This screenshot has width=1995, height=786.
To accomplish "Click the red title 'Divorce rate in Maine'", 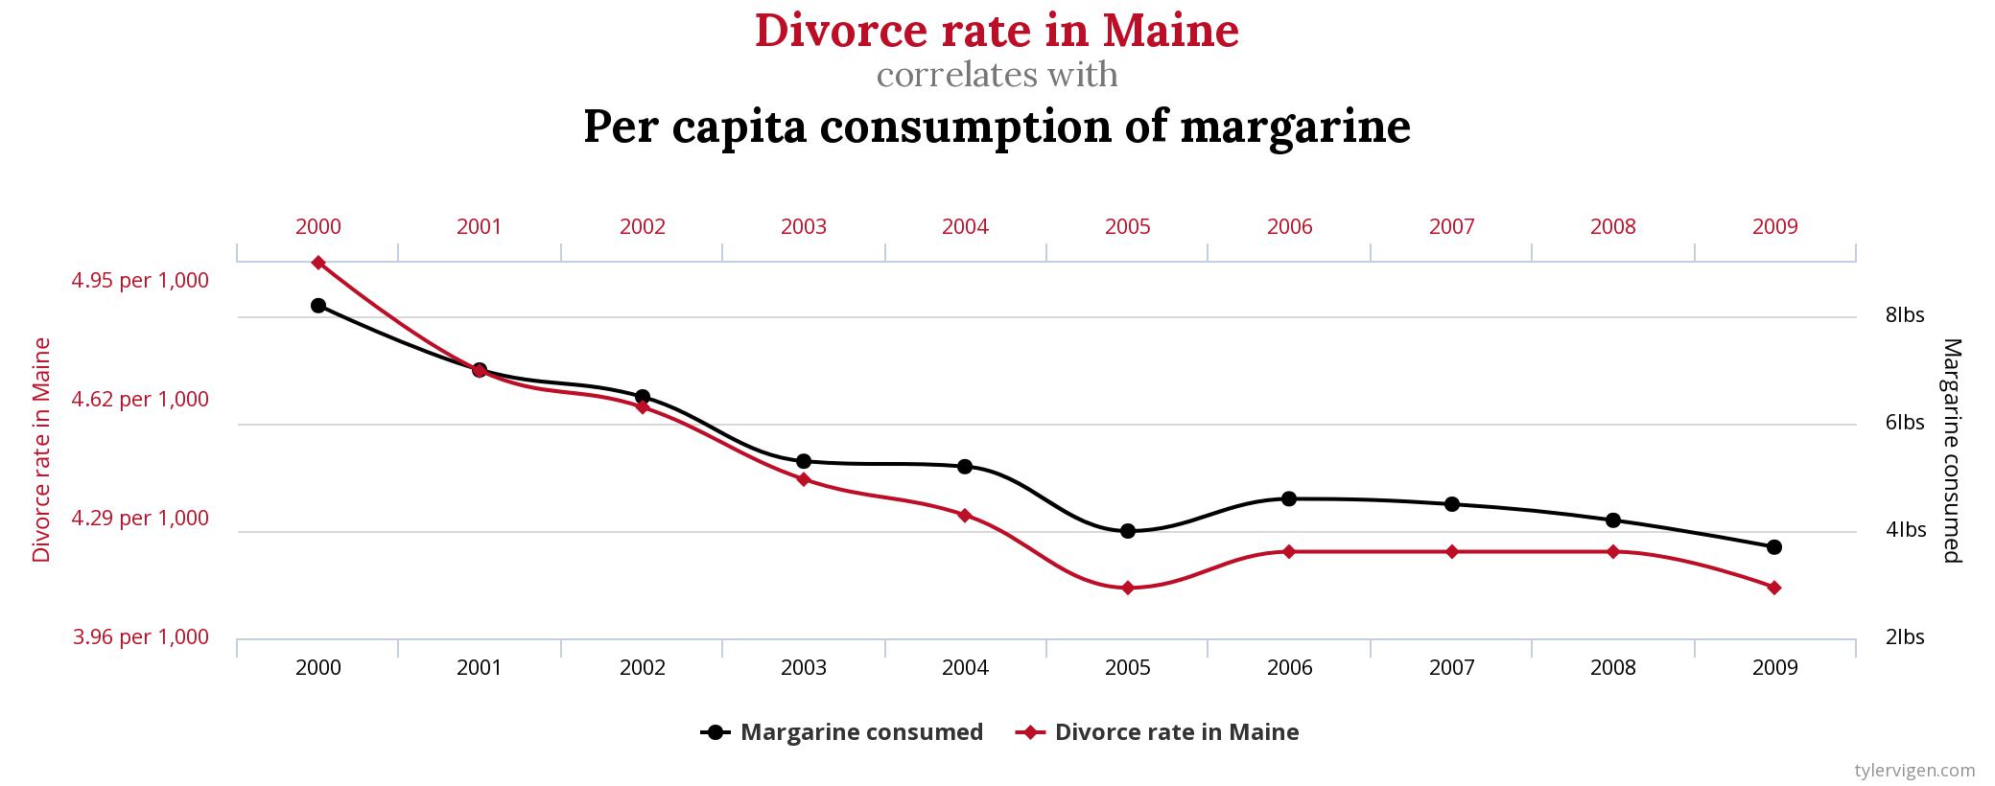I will pyautogui.click(x=997, y=31).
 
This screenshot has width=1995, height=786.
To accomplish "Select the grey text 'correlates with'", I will pyautogui.click(x=997, y=75).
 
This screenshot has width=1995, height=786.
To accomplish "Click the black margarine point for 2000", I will pyautogui.click(x=318, y=306).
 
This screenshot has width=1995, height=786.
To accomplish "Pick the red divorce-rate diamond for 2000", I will pyautogui.click(x=318, y=263).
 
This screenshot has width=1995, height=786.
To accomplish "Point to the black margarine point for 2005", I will pyautogui.click(x=1128, y=531).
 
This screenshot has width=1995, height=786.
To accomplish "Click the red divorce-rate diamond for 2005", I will pyautogui.click(x=1128, y=588).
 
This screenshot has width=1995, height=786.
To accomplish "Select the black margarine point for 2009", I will pyautogui.click(x=1774, y=547).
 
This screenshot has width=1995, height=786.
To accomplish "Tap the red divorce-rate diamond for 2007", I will pyautogui.click(x=1452, y=552).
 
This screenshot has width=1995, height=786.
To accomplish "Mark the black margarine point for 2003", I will pyautogui.click(x=804, y=461).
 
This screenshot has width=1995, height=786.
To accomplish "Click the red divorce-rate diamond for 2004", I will pyautogui.click(x=965, y=515).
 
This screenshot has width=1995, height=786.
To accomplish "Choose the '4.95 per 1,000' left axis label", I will pyautogui.click(x=140, y=281).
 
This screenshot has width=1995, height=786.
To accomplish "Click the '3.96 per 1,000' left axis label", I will pyautogui.click(x=141, y=637).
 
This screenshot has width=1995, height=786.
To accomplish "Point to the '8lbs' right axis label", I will pyautogui.click(x=1905, y=315).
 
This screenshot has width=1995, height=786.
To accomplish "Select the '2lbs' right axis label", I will pyautogui.click(x=1905, y=637).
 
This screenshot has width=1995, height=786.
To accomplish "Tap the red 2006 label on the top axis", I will pyautogui.click(x=1290, y=227).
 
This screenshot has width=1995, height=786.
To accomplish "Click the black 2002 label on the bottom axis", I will pyautogui.click(x=643, y=668).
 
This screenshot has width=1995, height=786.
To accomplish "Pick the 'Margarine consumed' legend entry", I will pyautogui.click(x=843, y=732).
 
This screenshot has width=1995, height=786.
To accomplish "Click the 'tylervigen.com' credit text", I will pyautogui.click(x=1914, y=770).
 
